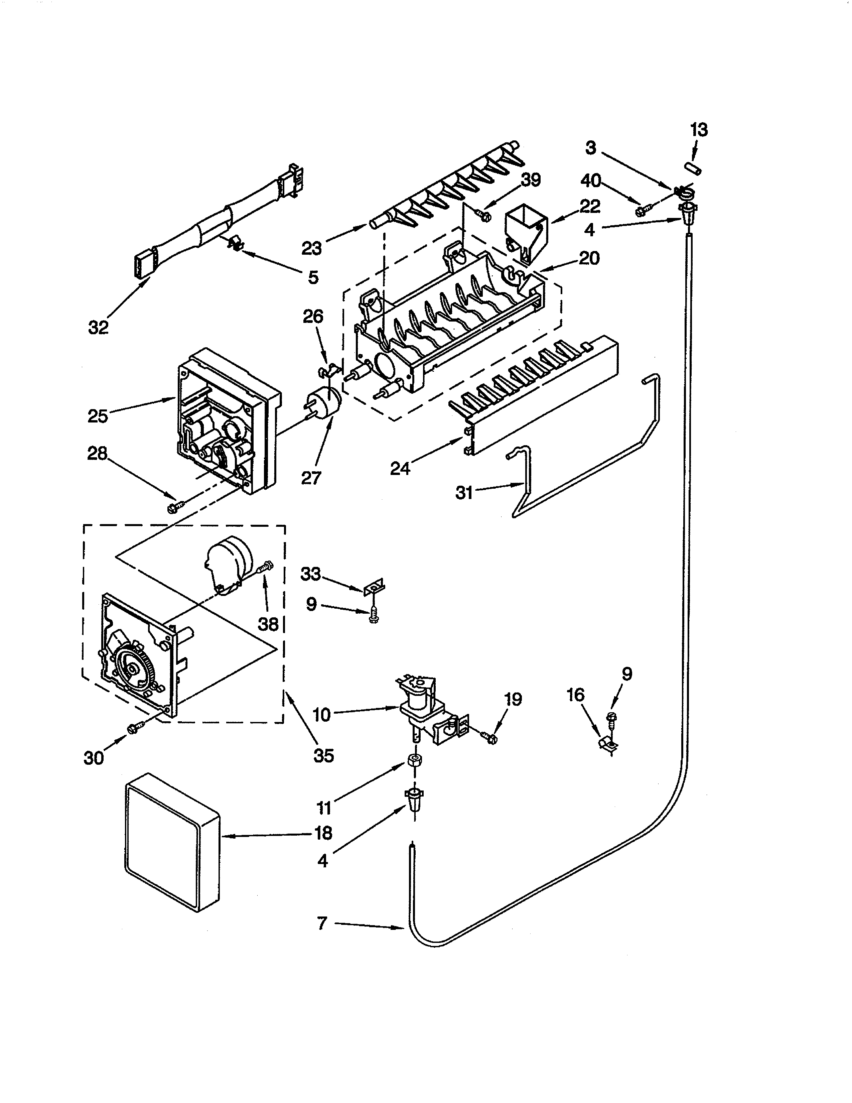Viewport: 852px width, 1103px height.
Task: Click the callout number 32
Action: pos(99,328)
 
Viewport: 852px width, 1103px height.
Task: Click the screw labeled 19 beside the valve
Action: pos(490,738)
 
